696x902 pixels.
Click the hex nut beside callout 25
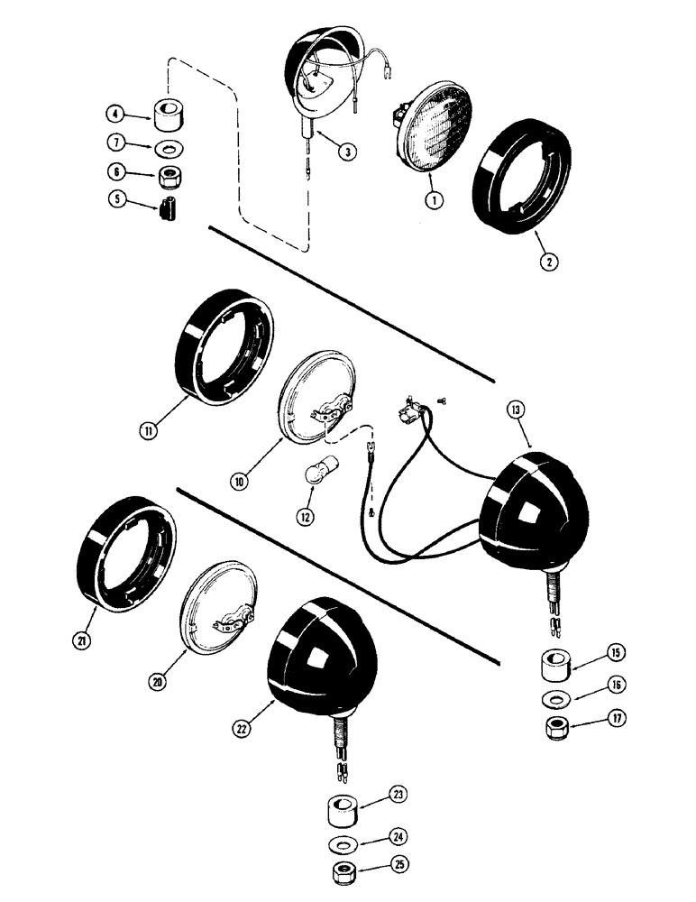click(346, 873)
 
